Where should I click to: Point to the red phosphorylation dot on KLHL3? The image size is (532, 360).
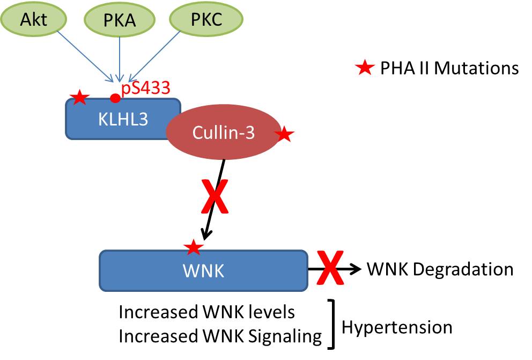pos(115,98)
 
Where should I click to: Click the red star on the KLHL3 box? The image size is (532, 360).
pos(79,98)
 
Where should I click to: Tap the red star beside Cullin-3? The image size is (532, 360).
pos(284,135)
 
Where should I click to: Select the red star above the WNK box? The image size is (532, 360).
pos(193,247)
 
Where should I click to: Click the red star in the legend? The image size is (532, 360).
pos(365,68)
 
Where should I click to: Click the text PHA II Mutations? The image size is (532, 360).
pos(449,69)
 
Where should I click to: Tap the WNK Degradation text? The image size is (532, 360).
pos(440,269)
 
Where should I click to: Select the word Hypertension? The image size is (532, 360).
pos(397,327)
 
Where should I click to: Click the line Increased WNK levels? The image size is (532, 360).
pos(206,312)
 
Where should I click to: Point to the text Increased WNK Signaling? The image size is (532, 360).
pos(220,337)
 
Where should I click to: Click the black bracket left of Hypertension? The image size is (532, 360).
pos(334,324)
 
